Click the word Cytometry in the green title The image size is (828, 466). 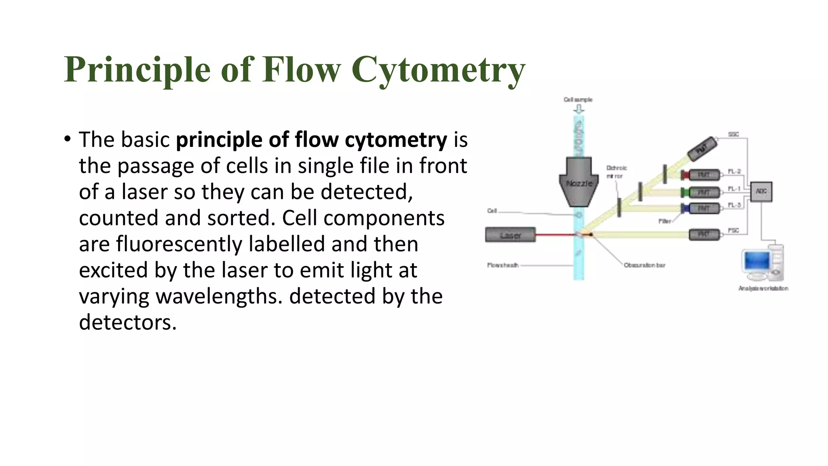(438, 70)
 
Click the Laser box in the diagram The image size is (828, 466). (510, 235)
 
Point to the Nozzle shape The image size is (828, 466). (579, 182)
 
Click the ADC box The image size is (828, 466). (761, 191)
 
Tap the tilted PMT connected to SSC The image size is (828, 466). (702, 149)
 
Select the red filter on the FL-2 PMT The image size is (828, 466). (685, 175)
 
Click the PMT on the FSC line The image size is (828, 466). (704, 234)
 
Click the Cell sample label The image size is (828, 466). (578, 100)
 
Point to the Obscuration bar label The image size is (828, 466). (644, 265)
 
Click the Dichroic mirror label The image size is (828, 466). (616, 172)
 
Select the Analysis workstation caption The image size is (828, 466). (763, 288)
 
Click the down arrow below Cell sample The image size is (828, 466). (579, 109)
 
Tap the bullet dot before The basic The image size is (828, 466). (68, 140)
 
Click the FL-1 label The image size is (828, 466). (734, 189)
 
